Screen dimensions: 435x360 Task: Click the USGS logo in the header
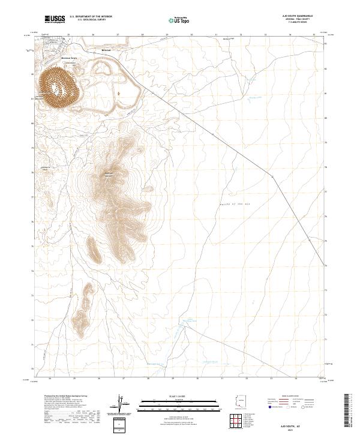(55, 19)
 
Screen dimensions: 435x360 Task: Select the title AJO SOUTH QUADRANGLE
(302, 16)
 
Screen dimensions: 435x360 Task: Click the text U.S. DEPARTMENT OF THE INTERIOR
(91, 17)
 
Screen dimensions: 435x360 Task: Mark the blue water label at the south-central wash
(190, 321)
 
